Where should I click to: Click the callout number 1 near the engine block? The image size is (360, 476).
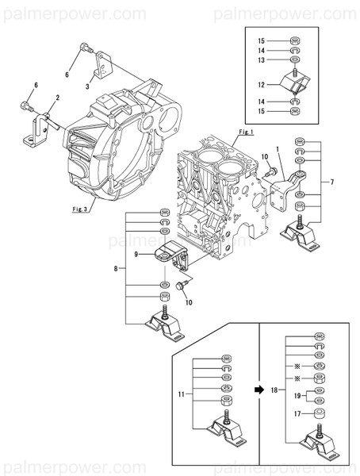[278, 148]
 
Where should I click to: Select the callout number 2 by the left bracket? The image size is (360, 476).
[56, 98]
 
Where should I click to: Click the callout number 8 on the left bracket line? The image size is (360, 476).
[117, 269]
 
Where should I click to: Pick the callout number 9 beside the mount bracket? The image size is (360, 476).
[136, 254]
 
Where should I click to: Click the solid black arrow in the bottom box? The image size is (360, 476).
[259, 390]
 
